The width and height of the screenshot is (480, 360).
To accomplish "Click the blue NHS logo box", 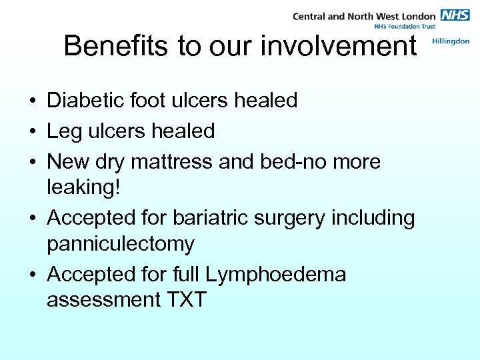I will [x=455, y=15].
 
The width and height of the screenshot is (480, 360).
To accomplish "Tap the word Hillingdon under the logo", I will [x=451, y=41].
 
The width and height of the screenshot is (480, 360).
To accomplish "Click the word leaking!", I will [x=85, y=187].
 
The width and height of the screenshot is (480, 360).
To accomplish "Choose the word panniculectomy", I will [x=120, y=244].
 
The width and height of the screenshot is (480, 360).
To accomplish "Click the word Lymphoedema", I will [x=276, y=274].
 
